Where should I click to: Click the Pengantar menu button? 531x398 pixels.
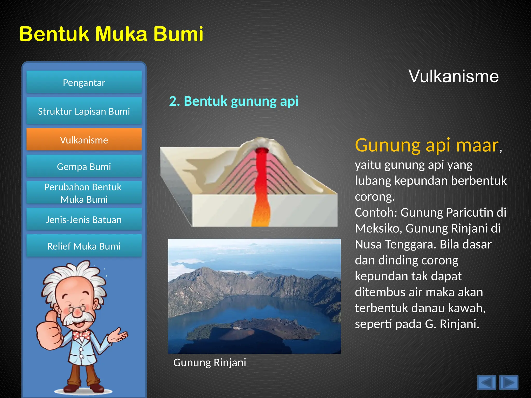(84, 82)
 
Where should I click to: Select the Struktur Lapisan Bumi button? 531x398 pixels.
(84, 111)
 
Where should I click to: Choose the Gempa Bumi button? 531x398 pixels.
(84, 166)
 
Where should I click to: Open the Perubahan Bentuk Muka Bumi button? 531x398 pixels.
(84, 193)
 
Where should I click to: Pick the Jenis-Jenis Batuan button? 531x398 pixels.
(84, 219)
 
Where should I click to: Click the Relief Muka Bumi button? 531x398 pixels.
(84, 246)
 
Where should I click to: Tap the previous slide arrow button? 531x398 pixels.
(486, 382)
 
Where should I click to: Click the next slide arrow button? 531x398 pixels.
(509, 382)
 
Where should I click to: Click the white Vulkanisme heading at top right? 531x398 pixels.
(453, 76)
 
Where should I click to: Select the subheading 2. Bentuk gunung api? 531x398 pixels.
(234, 101)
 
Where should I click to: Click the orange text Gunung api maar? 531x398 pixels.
(427, 145)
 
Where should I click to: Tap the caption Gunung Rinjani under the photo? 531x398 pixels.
(209, 363)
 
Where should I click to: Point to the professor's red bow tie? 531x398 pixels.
(81, 335)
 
